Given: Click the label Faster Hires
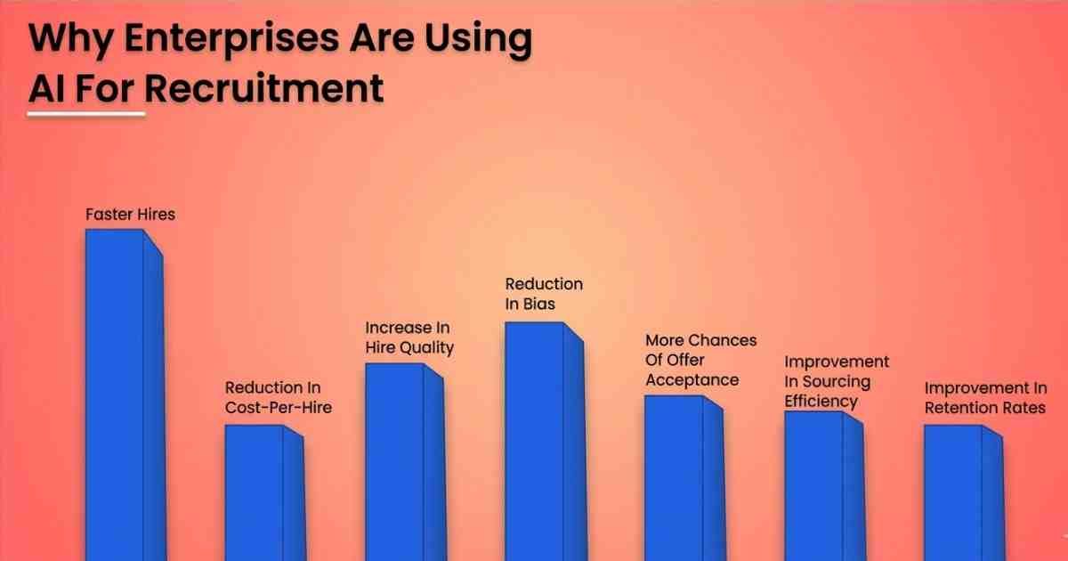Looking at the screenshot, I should coord(130,215).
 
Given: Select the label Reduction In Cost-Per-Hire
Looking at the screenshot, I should coord(272,398).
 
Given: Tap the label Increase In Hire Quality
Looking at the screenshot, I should coord(409,337).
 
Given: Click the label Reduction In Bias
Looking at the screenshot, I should coord(544,294).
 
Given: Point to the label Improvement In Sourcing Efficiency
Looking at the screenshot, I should coord(836,381).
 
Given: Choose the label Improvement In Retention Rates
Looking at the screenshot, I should coord(984,398).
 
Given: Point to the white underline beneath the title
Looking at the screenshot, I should coord(86,114).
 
